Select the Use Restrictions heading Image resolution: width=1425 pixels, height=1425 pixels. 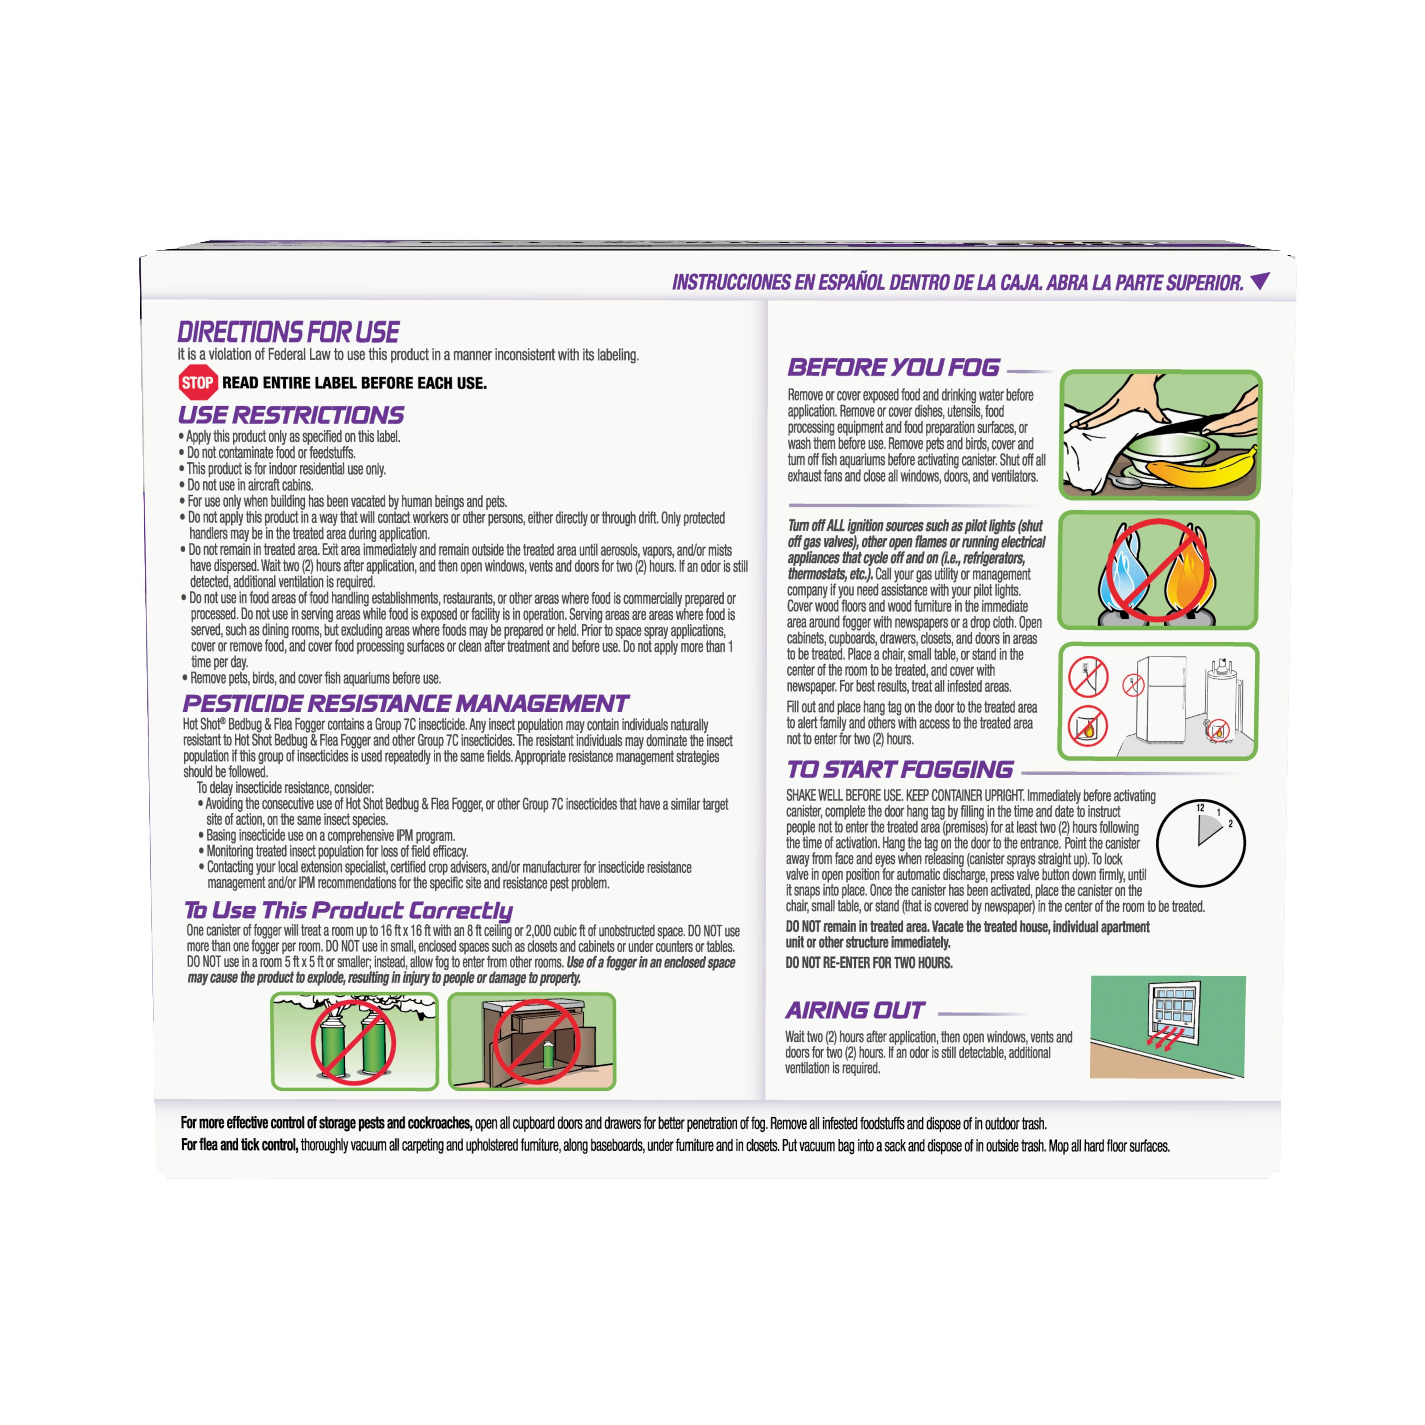291,414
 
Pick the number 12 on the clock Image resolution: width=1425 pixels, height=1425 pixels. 1200,807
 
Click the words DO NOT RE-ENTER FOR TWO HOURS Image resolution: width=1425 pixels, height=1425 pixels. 869,963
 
